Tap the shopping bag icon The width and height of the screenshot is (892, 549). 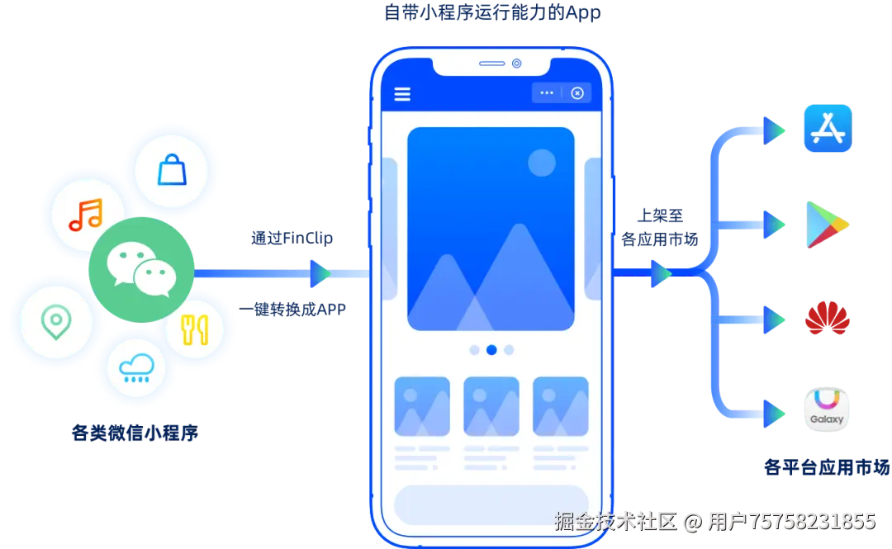click(x=172, y=170)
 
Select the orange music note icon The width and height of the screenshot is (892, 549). click(x=85, y=215)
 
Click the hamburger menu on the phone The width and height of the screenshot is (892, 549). click(x=402, y=93)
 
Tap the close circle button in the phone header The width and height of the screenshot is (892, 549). click(x=577, y=93)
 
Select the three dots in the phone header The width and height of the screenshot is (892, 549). click(x=547, y=93)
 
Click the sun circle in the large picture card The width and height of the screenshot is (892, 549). click(x=542, y=162)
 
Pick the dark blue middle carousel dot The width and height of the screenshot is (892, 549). click(x=491, y=350)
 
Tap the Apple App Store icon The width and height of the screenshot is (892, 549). click(x=826, y=129)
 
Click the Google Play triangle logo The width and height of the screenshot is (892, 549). click(x=827, y=224)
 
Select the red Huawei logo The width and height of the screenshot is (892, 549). click(x=826, y=318)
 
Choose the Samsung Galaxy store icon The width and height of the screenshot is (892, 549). click(x=826, y=409)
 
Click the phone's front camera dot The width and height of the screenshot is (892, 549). click(x=517, y=64)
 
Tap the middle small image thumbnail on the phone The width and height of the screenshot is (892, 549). click(x=491, y=406)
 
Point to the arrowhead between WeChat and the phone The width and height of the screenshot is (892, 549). click(x=319, y=273)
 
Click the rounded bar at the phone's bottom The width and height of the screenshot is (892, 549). click(x=491, y=504)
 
